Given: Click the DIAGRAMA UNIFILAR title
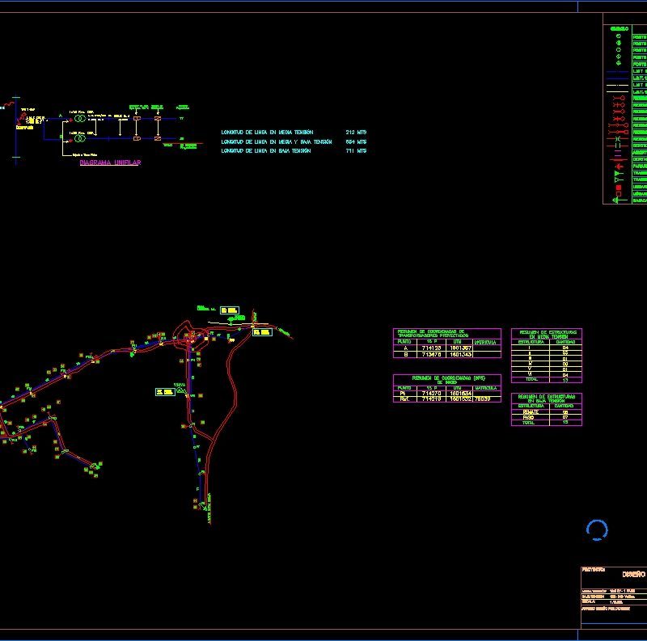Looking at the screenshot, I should [111, 163].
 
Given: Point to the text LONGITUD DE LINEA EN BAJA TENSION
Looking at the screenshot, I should [266, 150].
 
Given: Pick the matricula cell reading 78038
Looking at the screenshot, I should [483, 399].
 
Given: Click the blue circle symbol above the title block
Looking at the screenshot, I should [596, 529].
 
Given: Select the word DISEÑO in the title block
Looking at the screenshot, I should [633, 574].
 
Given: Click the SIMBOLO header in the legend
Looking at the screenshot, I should [619, 30].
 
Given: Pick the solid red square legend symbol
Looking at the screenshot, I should [618, 188].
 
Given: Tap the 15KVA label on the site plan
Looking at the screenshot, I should [180, 384].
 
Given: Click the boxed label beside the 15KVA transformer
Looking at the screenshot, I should [165, 392].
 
